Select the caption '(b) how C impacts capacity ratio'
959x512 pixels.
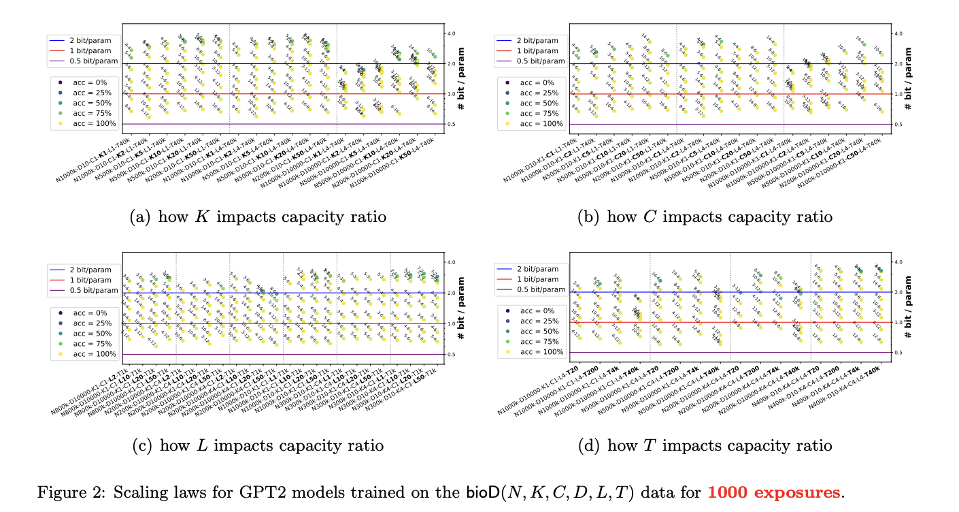pyautogui.click(x=705, y=217)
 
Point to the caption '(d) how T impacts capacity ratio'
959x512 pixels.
pyautogui.click(x=705, y=445)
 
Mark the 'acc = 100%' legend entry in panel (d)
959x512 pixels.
pyautogui.click(x=541, y=352)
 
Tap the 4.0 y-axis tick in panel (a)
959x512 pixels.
pyautogui.click(x=450, y=33)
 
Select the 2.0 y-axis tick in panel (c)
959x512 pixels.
pyautogui.click(x=450, y=293)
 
